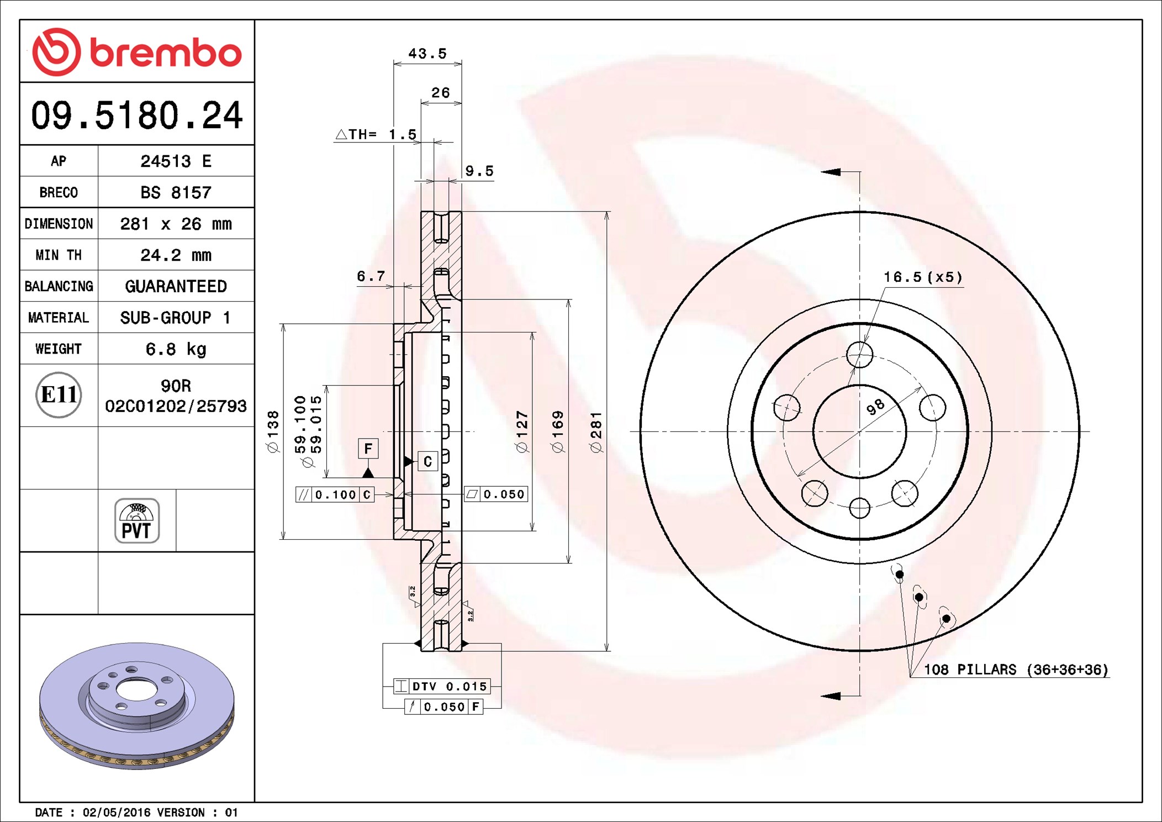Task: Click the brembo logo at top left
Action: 137,52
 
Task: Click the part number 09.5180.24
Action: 137,115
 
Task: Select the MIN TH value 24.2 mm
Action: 176,255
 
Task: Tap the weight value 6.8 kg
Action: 176,349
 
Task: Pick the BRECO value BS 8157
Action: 176,192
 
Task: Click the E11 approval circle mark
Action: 59,394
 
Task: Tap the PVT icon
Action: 137,521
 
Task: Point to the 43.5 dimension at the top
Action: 427,54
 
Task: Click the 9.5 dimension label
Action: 479,171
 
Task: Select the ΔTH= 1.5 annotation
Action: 376,134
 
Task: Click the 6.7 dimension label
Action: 371,276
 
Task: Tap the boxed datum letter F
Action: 368,448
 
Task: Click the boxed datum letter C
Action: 427,461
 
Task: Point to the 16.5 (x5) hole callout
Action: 923,277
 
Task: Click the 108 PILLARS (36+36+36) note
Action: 1016,670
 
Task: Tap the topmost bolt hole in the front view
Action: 859,354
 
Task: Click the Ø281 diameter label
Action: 596,432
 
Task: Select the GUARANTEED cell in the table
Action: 176,286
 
